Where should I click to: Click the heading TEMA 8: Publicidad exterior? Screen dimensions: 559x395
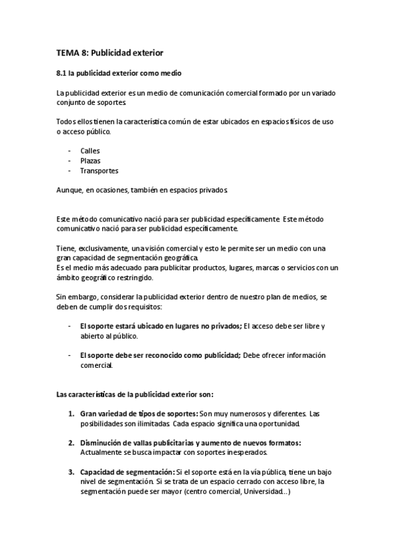[109, 51]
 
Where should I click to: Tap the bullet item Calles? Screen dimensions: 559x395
[90, 150]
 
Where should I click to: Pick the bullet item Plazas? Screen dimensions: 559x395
[90, 160]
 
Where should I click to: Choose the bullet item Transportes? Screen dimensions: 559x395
[99, 170]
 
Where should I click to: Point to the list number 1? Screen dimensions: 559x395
[71, 413]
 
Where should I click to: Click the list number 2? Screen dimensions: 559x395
[71, 443]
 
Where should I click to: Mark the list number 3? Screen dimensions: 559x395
[71, 472]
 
